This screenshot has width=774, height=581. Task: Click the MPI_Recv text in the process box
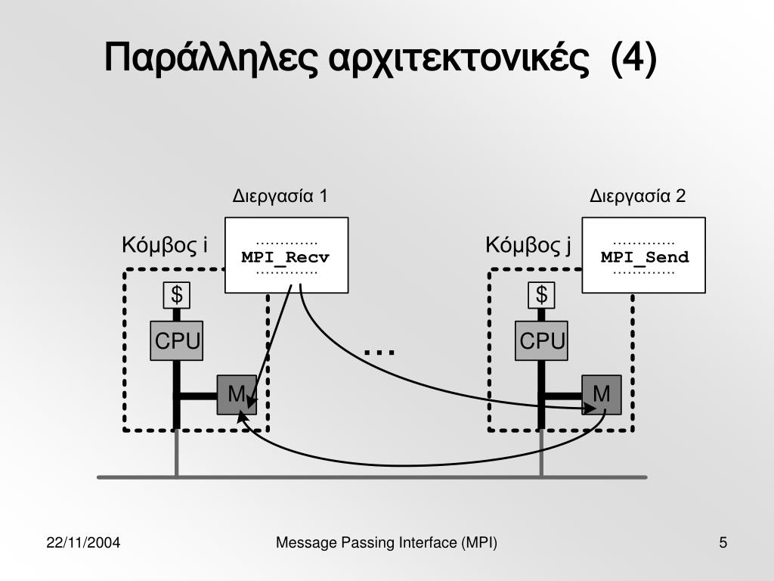(x=286, y=257)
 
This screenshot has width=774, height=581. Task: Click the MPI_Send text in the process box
(x=645, y=257)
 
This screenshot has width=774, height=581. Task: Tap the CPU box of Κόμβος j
(x=542, y=342)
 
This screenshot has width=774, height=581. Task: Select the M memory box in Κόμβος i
(x=237, y=394)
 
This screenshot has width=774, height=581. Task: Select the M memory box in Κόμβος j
(x=602, y=394)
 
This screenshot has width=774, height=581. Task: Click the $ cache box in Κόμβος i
(x=177, y=295)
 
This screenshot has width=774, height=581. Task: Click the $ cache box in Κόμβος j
(x=541, y=295)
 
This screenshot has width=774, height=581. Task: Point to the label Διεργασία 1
(x=280, y=197)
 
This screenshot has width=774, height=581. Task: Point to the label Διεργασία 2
(x=637, y=197)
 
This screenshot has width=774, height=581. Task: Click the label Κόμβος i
(x=165, y=246)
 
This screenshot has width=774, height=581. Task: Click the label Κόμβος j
(x=528, y=246)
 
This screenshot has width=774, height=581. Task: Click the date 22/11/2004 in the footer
(x=85, y=542)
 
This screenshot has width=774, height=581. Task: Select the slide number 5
(x=723, y=542)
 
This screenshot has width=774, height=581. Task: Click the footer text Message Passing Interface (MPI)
(x=386, y=542)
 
